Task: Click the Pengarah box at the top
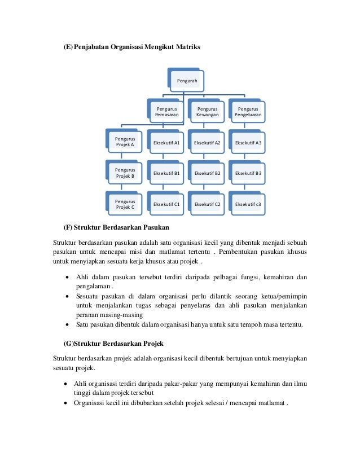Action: [187, 81]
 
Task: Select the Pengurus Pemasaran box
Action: [166, 111]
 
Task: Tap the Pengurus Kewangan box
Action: [207, 111]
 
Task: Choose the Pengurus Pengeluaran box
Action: [248, 111]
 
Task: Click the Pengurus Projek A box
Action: [125, 141]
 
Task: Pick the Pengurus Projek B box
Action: [125, 173]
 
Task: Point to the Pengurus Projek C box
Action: [125, 204]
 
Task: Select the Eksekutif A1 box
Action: [166, 143]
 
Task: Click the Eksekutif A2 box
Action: [207, 143]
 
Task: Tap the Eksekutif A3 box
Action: [248, 143]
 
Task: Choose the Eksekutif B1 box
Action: [166, 173]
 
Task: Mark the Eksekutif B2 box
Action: [207, 173]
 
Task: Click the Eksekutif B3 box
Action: [248, 173]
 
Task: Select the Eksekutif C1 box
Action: [166, 204]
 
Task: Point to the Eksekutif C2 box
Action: [207, 204]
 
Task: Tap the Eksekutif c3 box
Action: [248, 204]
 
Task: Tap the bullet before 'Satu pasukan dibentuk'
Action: [68, 324]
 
